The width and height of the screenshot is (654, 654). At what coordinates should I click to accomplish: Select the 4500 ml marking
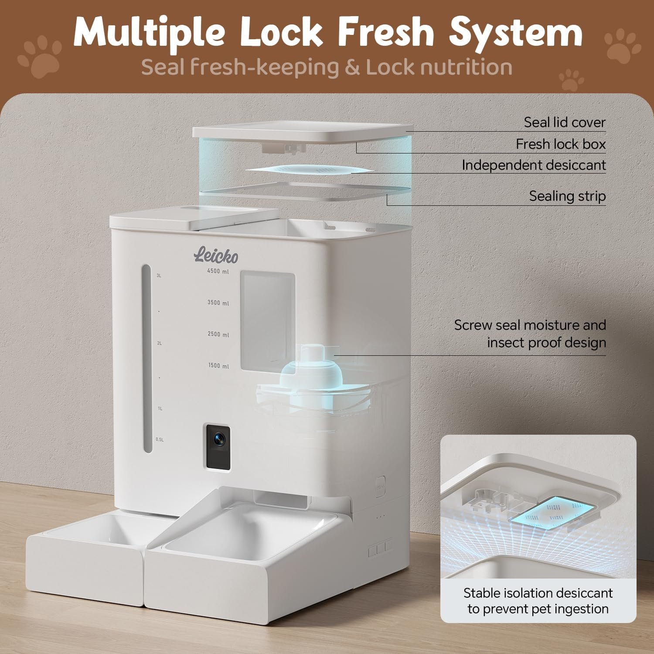[x=218, y=272]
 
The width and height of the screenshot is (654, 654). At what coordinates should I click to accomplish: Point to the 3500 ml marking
[x=218, y=303]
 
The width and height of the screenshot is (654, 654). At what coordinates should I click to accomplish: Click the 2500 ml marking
[x=218, y=334]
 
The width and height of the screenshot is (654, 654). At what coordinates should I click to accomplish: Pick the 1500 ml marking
[x=218, y=366]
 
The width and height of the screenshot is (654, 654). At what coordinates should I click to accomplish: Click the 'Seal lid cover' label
[x=565, y=123]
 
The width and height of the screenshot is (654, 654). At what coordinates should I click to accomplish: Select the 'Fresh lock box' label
[x=561, y=144]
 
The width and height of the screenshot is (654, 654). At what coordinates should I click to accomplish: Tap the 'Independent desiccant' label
[x=534, y=165]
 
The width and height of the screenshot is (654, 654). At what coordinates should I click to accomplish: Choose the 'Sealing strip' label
[x=568, y=196]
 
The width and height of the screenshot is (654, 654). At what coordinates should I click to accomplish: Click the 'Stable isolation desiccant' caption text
[x=538, y=593]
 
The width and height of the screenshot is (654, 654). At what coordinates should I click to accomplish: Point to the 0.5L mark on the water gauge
[x=160, y=439]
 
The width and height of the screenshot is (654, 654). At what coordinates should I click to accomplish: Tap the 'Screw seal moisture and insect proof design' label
[x=530, y=334]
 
